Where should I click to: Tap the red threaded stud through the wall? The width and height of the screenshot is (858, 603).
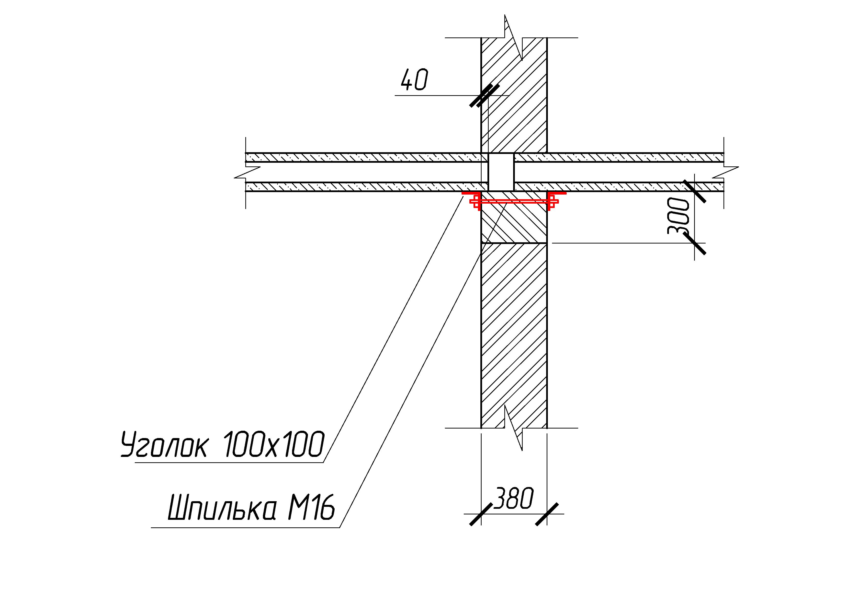tap(514, 202)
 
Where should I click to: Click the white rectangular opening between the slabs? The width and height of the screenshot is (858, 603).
tap(501, 172)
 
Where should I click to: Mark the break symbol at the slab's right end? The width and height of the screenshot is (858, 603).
tap(725, 172)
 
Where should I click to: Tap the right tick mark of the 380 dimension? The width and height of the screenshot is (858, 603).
tap(547, 514)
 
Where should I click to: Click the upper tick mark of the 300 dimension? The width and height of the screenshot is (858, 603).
tap(695, 191)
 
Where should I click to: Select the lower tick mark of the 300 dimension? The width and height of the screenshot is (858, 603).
tap(695, 243)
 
